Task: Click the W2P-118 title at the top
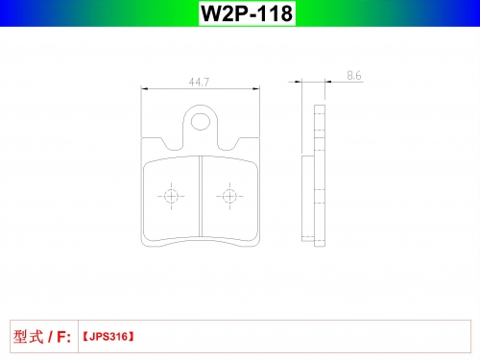(x=247, y=13)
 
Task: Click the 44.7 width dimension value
(x=199, y=83)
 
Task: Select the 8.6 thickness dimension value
(x=354, y=76)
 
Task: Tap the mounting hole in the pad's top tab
(x=201, y=122)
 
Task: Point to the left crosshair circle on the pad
(x=171, y=196)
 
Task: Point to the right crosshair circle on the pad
(x=229, y=196)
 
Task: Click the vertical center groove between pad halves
(x=201, y=196)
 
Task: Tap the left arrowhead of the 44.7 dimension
(x=145, y=88)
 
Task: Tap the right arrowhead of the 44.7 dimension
(x=256, y=88)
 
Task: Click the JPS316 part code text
(x=108, y=337)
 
